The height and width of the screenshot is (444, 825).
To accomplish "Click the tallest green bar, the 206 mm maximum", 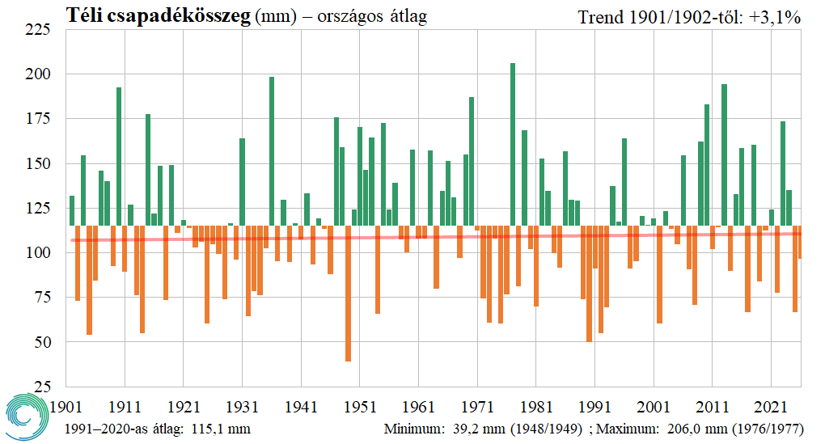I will (513, 146).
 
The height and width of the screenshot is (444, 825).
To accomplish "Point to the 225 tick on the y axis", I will (39, 30).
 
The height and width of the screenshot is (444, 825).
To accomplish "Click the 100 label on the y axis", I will (39, 253).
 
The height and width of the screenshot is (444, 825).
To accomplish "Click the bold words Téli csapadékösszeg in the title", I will (159, 15).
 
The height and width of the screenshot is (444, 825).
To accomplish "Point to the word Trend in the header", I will (600, 16).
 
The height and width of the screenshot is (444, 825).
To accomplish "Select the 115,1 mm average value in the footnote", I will (220, 429).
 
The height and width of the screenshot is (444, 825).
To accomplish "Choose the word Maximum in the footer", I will (628, 429).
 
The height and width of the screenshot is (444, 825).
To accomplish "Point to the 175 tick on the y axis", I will (39, 119).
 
